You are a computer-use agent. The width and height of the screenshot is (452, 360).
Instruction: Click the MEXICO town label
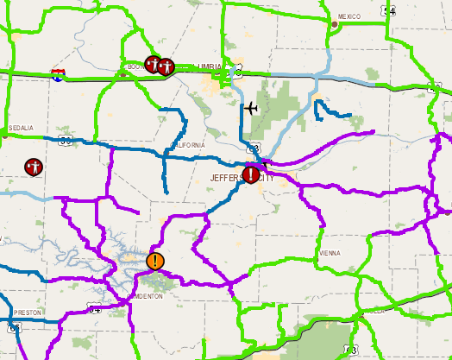349,16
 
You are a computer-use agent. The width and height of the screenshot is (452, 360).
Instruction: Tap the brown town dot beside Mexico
335,23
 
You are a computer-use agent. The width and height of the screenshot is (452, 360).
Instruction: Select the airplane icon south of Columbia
250,108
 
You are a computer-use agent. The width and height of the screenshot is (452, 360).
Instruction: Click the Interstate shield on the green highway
57,75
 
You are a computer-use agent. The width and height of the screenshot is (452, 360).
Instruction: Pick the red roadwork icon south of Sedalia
34,166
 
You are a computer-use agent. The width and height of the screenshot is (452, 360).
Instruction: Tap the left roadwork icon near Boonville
153,64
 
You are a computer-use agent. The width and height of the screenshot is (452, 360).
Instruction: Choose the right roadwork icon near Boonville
166,66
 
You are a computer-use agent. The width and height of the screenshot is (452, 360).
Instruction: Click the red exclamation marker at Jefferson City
250,175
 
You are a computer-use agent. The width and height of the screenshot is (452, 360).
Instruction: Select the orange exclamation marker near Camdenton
154,260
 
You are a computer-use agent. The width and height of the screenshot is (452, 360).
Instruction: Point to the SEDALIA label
20,128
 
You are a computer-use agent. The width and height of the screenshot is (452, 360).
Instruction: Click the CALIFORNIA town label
189,145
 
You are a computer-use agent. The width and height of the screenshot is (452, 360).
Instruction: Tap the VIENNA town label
330,254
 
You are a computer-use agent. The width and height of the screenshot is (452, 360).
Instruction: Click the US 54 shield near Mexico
390,10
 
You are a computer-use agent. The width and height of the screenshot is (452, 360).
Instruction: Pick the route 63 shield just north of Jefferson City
253,148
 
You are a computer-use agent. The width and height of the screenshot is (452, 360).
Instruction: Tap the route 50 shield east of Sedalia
66,137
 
